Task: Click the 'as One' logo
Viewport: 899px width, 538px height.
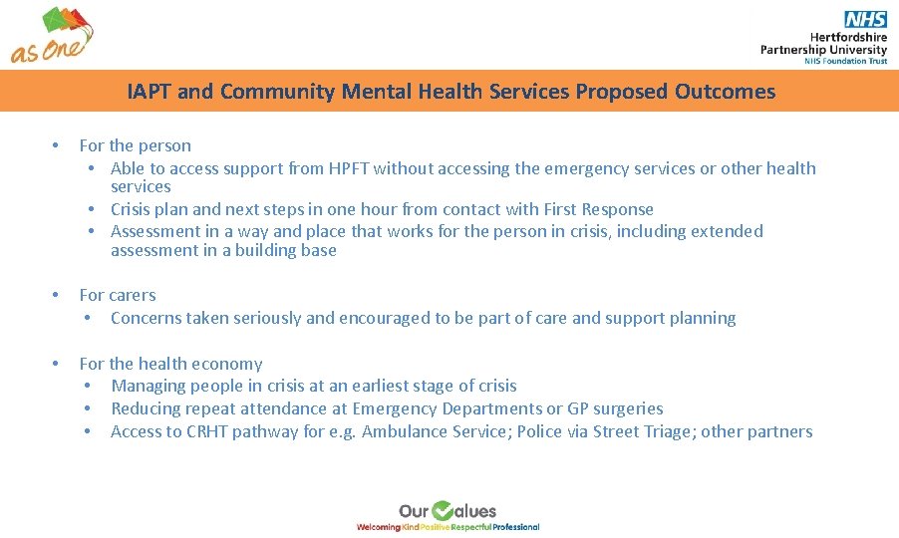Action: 53,35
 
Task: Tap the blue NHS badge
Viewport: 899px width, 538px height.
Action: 865,19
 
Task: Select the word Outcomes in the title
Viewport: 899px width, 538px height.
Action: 725,92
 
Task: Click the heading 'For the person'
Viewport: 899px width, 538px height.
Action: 135,145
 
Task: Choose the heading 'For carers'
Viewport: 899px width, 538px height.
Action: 118,295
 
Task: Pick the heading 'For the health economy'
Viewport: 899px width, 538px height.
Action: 170,364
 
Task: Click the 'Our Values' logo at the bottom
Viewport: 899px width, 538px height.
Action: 448,515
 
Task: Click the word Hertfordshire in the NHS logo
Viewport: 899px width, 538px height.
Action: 838,36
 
